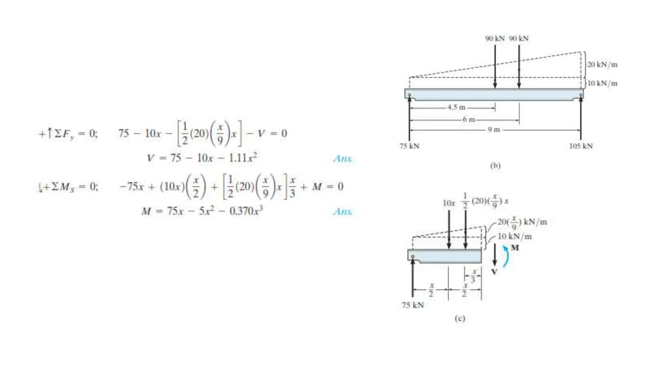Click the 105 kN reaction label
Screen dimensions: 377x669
pos(581,146)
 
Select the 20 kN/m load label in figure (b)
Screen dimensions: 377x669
pos(602,64)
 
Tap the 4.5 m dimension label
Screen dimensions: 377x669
pos(456,107)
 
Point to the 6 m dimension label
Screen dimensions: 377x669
pos(468,119)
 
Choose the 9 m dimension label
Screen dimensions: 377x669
pos(494,130)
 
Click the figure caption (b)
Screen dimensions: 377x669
pos(495,166)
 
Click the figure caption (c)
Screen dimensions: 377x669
pos(460,318)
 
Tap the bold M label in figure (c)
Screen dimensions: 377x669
pos(515,248)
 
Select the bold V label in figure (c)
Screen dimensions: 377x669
pos(495,272)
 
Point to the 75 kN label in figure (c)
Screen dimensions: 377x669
pos(413,305)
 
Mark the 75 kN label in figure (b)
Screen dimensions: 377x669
pos(409,146)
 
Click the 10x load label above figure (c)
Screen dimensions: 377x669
pos(449,203)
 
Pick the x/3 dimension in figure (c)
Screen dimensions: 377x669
pos(473,276)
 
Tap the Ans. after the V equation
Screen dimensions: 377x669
pos(343,159)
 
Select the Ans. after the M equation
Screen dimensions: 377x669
pos(343,211)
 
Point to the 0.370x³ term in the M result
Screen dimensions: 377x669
pos(246,211)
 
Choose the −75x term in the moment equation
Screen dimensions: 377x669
pos(132,187)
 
